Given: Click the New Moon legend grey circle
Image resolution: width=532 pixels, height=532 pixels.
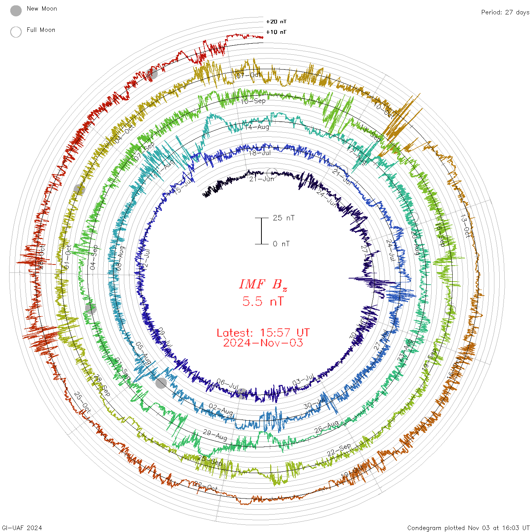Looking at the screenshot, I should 16,11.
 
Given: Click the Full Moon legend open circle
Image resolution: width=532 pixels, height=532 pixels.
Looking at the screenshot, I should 16,32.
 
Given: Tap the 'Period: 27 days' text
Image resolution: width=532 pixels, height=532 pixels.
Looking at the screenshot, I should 505,12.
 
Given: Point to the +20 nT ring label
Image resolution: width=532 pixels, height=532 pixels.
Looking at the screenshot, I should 276,22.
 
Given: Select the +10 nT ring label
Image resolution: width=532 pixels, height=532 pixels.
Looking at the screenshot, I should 276,32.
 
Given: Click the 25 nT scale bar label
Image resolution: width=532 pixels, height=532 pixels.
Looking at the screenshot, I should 283,218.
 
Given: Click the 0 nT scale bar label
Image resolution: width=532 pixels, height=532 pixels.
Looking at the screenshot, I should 281,244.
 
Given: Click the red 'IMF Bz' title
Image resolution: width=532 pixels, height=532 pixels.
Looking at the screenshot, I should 263,284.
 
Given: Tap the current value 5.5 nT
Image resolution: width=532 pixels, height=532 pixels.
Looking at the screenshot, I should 263,302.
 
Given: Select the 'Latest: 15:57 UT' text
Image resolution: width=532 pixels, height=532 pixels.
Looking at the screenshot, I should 263,333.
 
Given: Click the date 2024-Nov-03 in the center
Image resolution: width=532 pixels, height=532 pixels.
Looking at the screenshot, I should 263,343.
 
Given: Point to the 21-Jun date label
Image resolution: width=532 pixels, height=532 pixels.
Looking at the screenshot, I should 261,179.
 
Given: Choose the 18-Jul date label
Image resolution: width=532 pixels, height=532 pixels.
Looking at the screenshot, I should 260,153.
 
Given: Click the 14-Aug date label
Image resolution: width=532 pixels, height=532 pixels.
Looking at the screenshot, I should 257,127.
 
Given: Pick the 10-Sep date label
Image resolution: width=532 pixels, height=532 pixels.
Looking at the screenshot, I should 253,101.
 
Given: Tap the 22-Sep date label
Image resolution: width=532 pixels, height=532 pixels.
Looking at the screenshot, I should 339,450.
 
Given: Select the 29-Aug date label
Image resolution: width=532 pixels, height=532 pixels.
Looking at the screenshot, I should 215,435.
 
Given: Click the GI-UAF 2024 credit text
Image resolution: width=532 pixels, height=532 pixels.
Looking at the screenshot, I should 22,528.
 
